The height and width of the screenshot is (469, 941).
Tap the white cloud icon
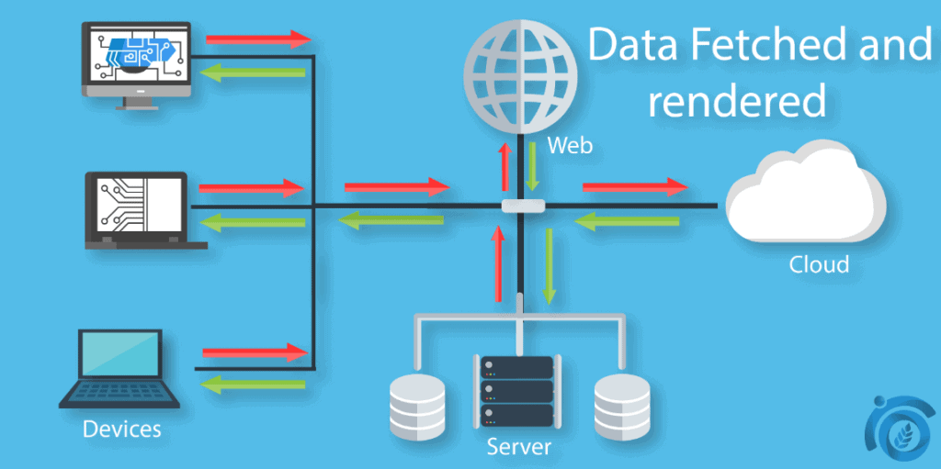click(806, 198)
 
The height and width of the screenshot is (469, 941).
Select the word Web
click(570, 145)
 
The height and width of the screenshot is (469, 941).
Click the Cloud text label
click(819, 264)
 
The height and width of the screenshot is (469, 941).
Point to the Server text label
click(519, 447)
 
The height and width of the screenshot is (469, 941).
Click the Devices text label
click(121, 429)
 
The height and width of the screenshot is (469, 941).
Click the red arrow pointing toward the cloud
click(635, 187)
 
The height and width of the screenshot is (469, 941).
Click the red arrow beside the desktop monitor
click(258, 39)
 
